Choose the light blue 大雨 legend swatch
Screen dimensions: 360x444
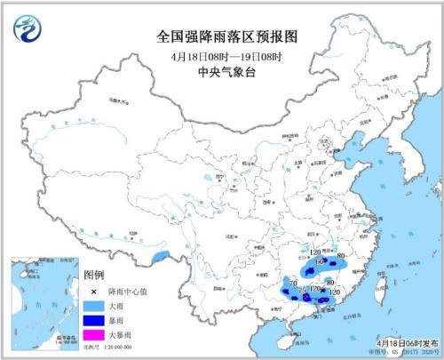[x=91, y=305]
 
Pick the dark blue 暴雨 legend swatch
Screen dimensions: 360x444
[x=91, y=318]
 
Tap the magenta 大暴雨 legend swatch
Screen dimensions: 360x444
[x=91, y=332]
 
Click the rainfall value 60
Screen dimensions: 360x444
[x=320, y=262]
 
